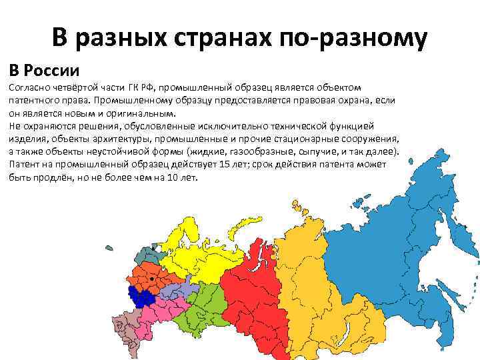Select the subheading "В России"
click(44, 69)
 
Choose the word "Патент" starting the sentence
click(25, 165)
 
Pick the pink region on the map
click(160, 312)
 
